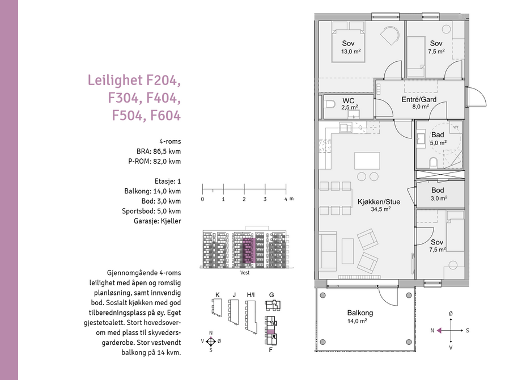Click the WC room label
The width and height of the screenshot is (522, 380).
pos(349,101)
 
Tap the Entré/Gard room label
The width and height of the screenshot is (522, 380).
pos(419,100)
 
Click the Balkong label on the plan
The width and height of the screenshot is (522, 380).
pos(360,313)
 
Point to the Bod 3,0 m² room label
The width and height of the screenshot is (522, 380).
pos(438,191)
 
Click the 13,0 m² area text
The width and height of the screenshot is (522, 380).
pos(350,51)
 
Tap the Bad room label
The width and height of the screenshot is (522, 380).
pos(438,135)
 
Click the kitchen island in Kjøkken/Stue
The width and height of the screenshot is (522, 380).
pos(371,161)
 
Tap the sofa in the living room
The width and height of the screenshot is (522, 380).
pos(328,250)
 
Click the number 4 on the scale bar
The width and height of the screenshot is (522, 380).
pos(286,199)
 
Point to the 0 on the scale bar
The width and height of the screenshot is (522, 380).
pos(202,199)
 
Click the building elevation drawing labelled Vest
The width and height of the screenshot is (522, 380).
pos(245,250)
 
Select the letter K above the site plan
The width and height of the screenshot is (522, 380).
pos(217,294)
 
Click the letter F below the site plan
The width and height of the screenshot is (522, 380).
pos(270,350)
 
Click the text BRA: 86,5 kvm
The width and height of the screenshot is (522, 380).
pos(159,151)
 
